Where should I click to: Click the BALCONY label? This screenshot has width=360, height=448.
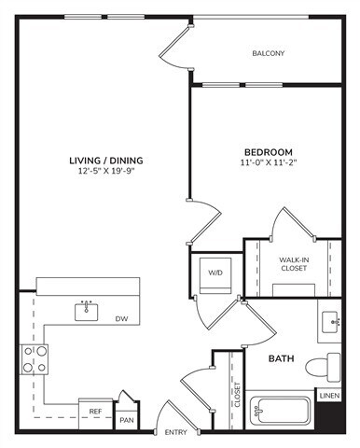[x=269, y=53]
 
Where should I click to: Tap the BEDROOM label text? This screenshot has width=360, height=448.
[x=269, y=152]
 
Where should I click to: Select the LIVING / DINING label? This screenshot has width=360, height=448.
[x=105, y=161]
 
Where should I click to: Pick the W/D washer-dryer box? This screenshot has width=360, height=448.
[x=215, y=273]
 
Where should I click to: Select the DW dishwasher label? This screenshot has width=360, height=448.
[x=122, y=319]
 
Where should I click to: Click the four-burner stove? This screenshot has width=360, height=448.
[x=35, y=359]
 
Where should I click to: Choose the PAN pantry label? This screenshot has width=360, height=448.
[x=127, y=420]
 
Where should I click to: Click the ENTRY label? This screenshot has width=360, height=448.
[x=175, y=433]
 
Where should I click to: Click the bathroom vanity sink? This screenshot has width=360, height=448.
[x=330, y=323]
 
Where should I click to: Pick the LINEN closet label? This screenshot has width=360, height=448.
[x=329, y=397]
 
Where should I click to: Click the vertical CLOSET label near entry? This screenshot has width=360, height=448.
[x=237, y=396]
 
